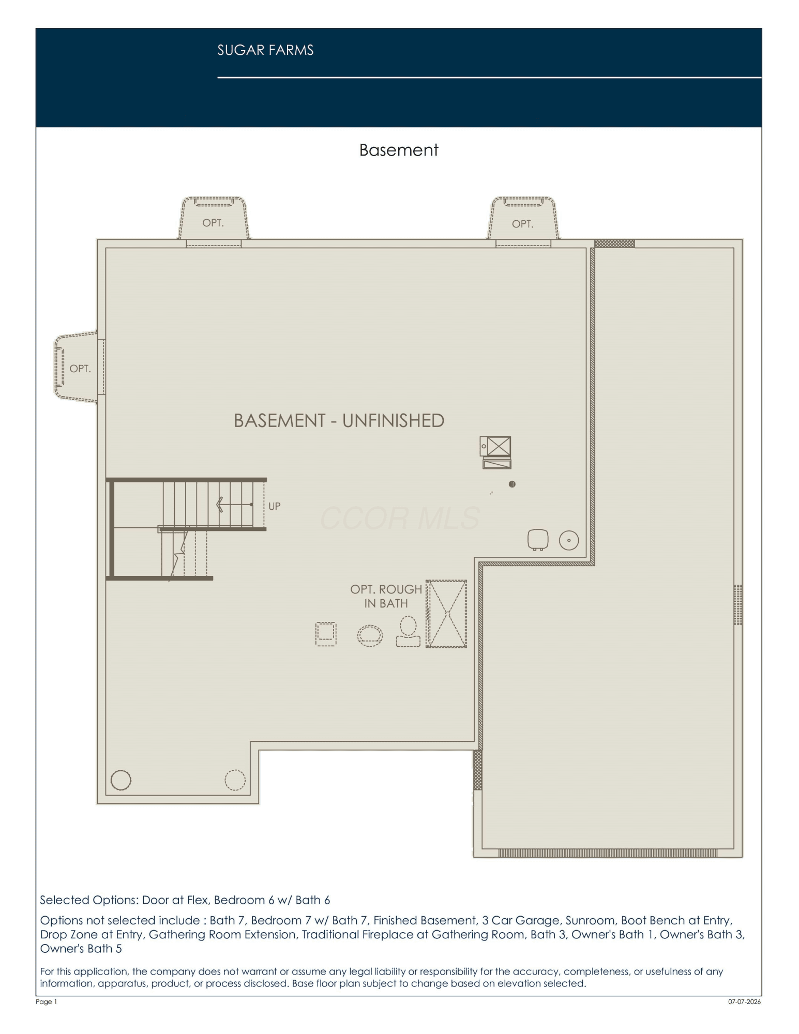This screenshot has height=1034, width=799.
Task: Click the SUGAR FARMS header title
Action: click(x=265, y=50)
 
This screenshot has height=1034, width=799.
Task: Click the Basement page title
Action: click(x=399, y=150)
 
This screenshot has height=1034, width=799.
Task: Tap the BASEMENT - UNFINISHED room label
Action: click(x=339, y=421)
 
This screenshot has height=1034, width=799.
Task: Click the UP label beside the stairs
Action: click(x=275, y=506)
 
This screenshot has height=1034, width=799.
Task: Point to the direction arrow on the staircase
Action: click(x=234, y=504)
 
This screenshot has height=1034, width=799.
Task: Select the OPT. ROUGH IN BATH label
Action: click(x=386, y=596)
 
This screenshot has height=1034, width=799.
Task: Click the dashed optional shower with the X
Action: click(x=446, y=614)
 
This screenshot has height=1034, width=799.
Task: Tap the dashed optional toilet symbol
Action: click(x=408, y=631)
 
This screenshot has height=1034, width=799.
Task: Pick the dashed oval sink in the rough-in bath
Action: click(x=370, y=635)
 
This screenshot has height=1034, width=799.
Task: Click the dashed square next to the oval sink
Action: click(x=326, y=634)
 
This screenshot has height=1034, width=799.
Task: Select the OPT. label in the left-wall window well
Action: click(x=80, y=369)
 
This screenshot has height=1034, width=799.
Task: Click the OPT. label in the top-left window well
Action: click(x=213, y=223)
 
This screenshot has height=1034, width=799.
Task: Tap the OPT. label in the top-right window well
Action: click(x=522, y=224)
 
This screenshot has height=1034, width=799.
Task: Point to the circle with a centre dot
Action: click(x=569, y=540)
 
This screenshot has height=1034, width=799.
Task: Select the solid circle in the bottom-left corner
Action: click(x=121, y=780)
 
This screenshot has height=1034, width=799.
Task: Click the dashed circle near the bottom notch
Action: click(x=235, y=780)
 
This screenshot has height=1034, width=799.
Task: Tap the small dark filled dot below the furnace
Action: click(x=512, y=484)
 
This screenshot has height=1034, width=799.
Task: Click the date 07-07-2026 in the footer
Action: click(x=745, y=1001)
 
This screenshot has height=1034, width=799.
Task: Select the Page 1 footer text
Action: click(x=47, y=1001)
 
